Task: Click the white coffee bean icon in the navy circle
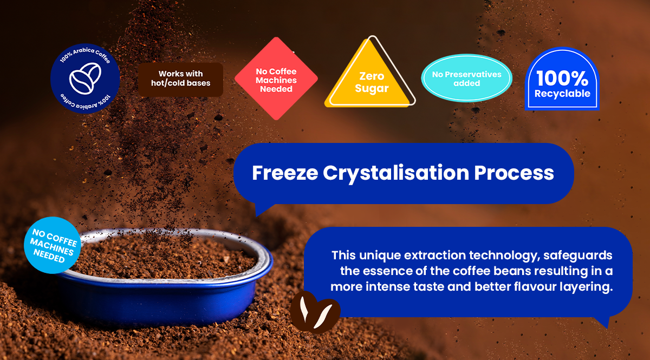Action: point(85,78)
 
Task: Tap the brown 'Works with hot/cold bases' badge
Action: point(180,80)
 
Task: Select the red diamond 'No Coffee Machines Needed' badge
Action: point(276,78)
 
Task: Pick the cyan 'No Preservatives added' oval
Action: point(466,78)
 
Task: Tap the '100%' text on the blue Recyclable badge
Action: point(562,78)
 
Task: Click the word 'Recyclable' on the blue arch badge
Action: point(562,94)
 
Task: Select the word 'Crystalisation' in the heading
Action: point(396,173)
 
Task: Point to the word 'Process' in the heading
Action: point(514,173)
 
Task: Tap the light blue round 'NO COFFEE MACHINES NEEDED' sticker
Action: point(52,245)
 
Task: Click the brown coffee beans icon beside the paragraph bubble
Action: point(315,312)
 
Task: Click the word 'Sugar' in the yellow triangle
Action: point(372,88)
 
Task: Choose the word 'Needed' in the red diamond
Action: point(276,89)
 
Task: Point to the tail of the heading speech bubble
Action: point(262,210)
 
